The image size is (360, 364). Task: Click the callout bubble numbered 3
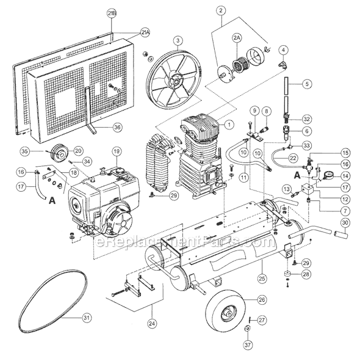tap(177, 41)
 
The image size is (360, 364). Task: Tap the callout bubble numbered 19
tap(116, 151)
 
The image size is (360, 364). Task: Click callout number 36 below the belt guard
tap(117, 126)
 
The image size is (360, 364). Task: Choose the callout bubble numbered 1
tap(229, 124)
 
